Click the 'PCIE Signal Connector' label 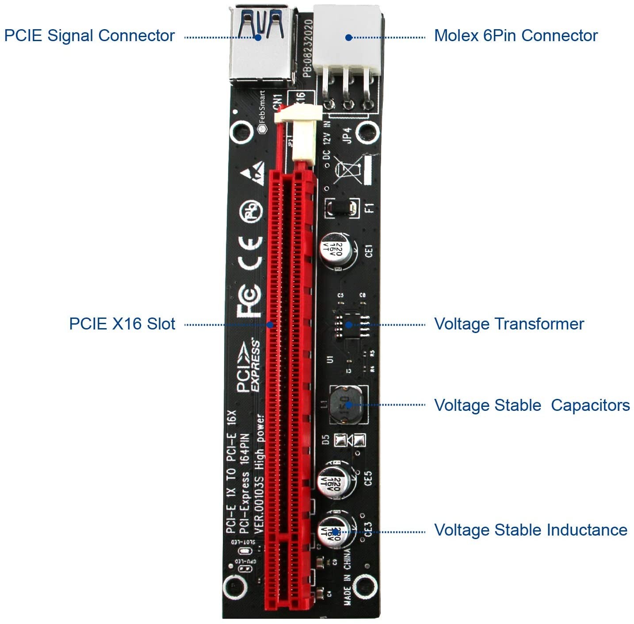(89, 36)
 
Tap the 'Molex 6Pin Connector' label (516, 36)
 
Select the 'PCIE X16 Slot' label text (122, 324)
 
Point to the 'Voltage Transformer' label (509, 324)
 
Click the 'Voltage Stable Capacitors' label (532, 405)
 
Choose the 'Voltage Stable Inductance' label (531, 530)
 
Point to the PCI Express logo (248, 365)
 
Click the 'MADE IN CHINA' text (348, 577)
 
